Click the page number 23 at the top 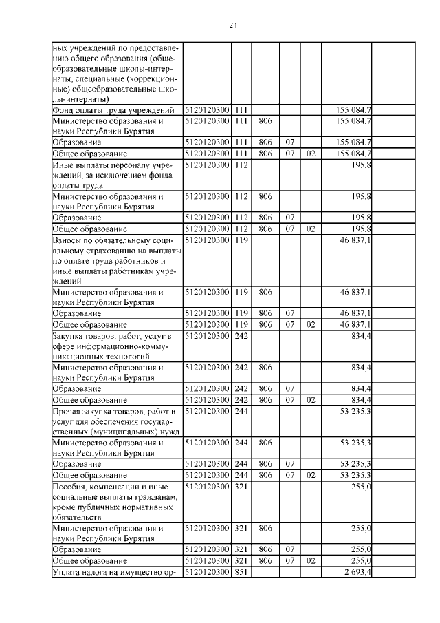click(232, 25)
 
